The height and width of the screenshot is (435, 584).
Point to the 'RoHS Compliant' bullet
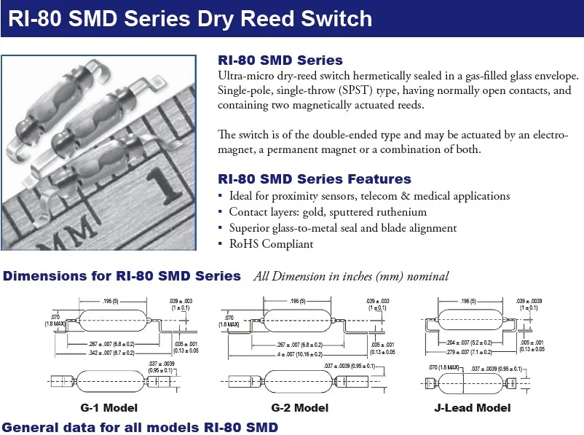point(271,244)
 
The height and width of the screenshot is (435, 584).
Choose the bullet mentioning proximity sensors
point(369,196)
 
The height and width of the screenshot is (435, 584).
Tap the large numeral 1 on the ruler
point(169,185)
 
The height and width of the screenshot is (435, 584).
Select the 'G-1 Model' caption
point(109,407)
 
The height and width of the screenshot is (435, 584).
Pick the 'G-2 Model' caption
point(299,407)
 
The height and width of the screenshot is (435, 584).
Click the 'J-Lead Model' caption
point(472,407)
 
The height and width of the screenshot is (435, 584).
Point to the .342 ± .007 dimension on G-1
point(108,353)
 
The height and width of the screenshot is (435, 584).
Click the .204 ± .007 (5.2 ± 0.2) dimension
point(468,342)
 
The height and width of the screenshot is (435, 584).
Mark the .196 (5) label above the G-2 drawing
point(296,301)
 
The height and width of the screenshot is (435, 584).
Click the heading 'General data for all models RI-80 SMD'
point(141,427)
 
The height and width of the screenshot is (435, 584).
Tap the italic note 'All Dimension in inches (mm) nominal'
point(351,277)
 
